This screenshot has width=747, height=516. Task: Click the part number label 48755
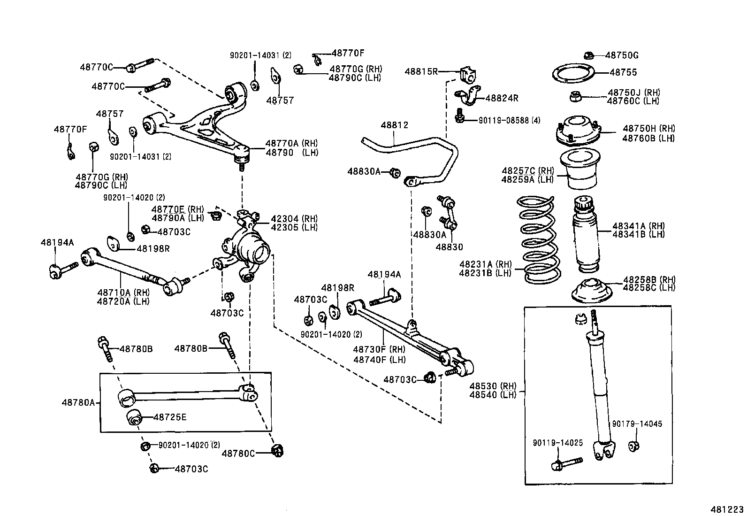coord(623,72)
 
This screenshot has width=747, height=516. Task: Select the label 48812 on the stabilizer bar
coord(394,125)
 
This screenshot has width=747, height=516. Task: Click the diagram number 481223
coord(726,508)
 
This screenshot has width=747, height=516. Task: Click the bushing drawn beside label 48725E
coord(134,417)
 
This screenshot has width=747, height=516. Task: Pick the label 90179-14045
coord(637,424)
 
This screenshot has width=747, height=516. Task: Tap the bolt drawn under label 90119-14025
coord(565,464)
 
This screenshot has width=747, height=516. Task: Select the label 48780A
coord(78,402)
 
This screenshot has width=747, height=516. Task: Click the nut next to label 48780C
coord(278,451)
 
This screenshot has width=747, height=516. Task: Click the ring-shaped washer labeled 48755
coord(572,74)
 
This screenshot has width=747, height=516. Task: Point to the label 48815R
coord(421,71)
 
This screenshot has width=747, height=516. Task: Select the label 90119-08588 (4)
coord(509,120)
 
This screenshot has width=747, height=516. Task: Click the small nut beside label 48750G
coord(589,55)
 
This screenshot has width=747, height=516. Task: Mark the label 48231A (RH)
coord(486,264)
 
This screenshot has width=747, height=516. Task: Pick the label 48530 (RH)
coord(493,386)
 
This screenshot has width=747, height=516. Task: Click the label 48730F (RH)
coord(379,349)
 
